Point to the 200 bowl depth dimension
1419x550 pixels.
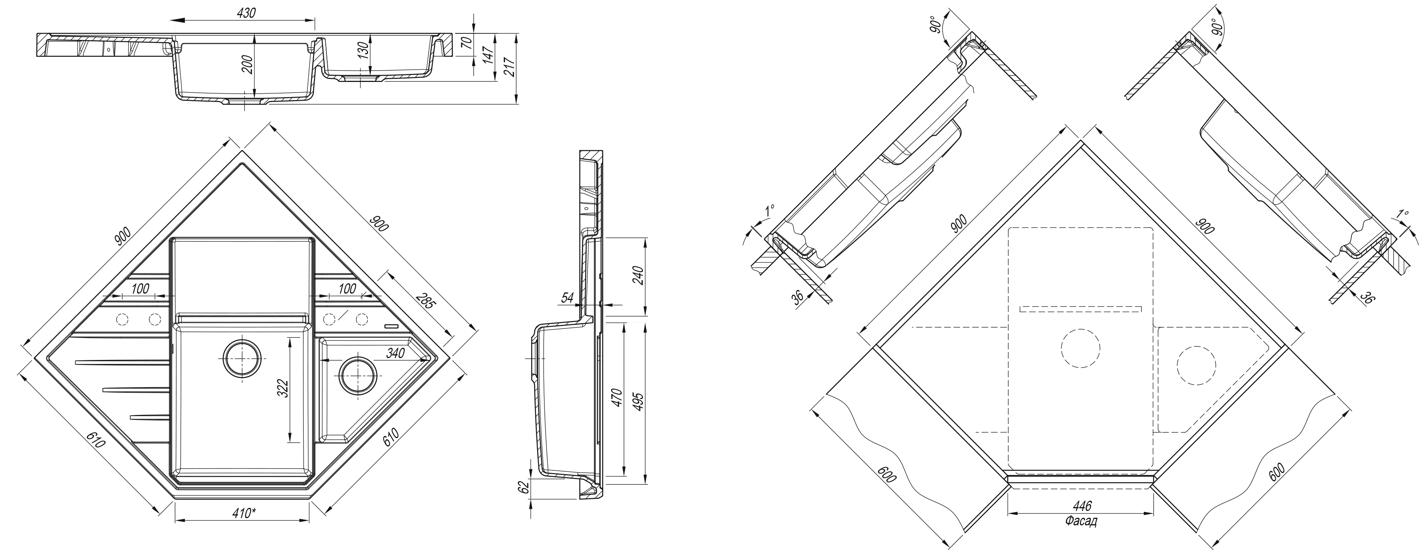(248, 65)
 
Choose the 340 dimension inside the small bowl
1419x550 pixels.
(396, 353)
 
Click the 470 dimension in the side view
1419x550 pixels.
(616, 398)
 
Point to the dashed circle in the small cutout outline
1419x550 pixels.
(1196, 365)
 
